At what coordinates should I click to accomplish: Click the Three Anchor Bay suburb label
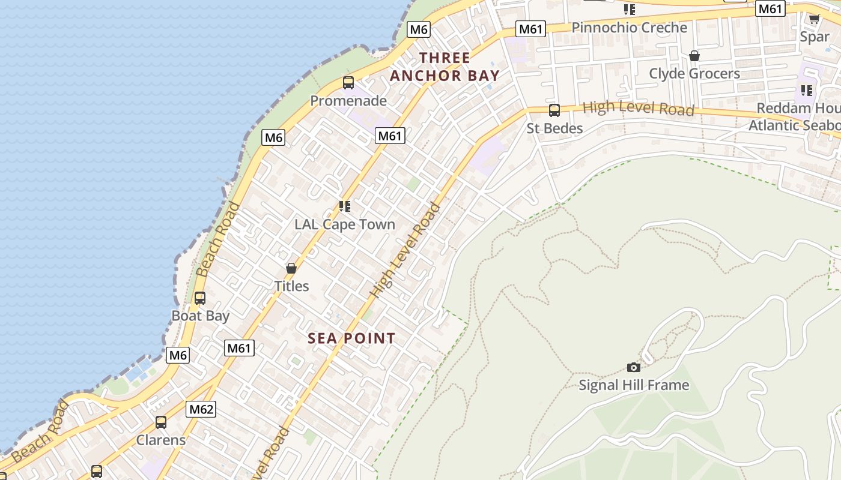click(445, 67)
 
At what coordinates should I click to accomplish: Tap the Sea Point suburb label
click(351, 338)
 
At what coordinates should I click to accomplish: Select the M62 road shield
click(201, 409)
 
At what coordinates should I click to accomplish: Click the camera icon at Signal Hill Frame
click(633, 367)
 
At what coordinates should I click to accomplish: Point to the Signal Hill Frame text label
click(634, 385)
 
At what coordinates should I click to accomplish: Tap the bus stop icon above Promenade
click(348, 83)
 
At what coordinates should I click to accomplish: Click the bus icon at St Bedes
click(554, 110)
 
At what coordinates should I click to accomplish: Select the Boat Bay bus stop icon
click(199, 298)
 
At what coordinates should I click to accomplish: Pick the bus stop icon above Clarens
click(160, 422)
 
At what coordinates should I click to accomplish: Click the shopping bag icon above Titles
click(291, 268)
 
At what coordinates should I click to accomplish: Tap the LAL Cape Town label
click(345, 224)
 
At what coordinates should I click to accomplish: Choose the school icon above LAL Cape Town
click(344, 206)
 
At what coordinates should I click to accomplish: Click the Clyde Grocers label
click(694, 73)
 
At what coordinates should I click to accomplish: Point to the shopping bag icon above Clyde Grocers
click(694, 56)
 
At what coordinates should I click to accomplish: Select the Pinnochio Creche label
click(629, 28)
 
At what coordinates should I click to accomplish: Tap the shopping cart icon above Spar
click(814, 19)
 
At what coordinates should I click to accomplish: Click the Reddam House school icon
click(806, 91)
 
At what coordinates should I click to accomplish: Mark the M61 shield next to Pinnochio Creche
click(531, 29)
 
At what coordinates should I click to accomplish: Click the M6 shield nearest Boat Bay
click(178, 355)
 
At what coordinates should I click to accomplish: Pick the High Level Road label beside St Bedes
click(639, 108)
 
